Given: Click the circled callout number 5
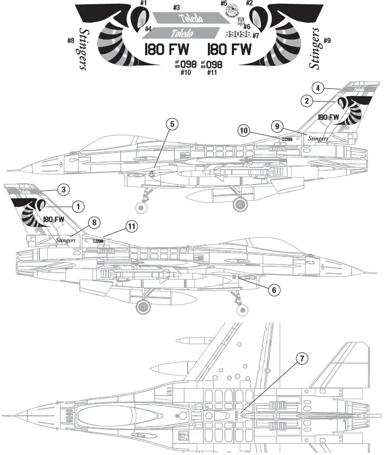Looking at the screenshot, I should [172, 124].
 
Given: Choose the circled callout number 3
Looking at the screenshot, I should [63, 189].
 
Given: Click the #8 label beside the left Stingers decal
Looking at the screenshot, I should [71, 40].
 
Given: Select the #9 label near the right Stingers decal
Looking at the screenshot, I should [326, 40].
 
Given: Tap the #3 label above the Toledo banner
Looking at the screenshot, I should [176, 8].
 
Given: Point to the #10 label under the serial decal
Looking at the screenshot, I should [185, 72].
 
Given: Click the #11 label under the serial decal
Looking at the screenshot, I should [211, 72].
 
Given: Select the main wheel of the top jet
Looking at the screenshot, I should [241, 203].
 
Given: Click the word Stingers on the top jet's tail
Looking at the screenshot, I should [318, 138].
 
